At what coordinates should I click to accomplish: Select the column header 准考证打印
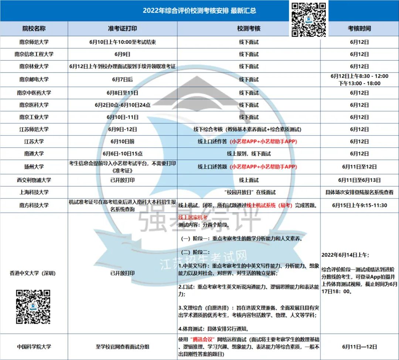(x=122, y=28)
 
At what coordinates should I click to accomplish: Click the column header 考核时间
(x=359, y=28)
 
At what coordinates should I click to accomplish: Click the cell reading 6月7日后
(x=122, y=79)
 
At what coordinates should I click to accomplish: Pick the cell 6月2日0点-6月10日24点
(x=122, y=105)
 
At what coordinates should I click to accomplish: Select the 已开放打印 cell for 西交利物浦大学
(x=122, y=180)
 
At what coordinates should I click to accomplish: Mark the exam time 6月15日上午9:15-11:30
(x=359, y=205)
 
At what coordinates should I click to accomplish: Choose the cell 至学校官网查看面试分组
(x=122, y=347)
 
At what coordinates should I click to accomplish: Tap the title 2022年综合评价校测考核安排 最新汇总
(x=199, y=11)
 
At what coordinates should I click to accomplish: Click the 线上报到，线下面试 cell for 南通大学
(x=249, y=154)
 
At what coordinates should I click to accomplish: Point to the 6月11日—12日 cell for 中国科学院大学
(x=359, y=347)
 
